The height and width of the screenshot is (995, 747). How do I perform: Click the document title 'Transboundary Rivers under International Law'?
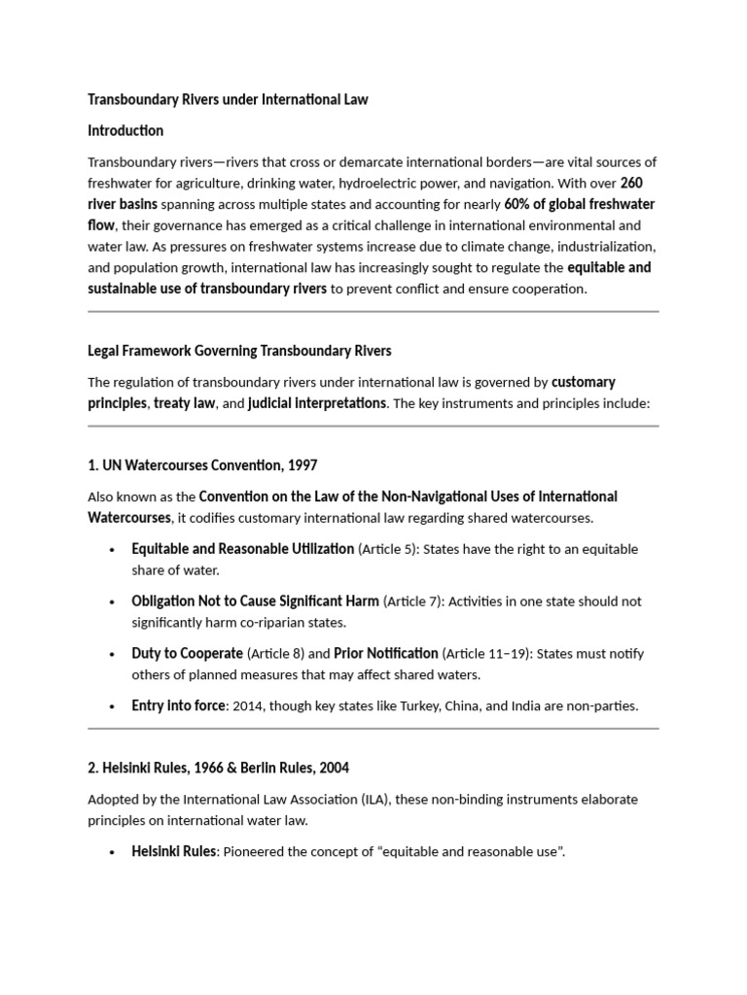point(228,99)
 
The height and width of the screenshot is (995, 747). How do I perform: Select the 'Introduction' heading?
point(125,130)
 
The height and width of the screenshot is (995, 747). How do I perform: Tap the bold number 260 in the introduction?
point(631,183)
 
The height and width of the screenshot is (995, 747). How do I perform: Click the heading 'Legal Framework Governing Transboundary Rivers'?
point(239,351)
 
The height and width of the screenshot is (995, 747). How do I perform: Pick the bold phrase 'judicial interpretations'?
point(317,403)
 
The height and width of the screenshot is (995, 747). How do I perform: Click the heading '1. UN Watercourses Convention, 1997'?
point(202,465)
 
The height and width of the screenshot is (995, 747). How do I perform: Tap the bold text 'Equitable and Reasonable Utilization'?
point(243,549)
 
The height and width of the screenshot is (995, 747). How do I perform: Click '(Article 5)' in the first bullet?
point(392,549)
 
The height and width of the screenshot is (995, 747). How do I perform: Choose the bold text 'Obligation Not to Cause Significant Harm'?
point(256,601)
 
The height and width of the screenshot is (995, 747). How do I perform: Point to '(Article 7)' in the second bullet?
point(417,601)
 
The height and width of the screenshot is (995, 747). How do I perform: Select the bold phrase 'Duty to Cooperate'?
point(188,654)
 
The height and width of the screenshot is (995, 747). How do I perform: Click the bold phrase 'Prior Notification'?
point(386,654)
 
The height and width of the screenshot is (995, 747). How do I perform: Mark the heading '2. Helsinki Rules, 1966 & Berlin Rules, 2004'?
point(219,768)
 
